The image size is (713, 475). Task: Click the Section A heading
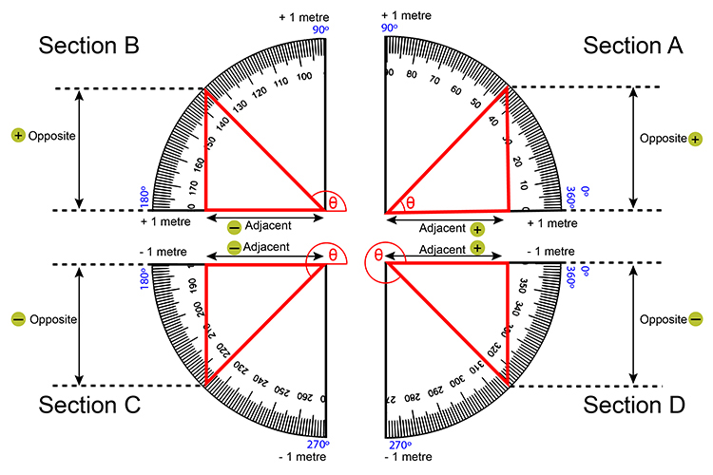[x=629, y=46]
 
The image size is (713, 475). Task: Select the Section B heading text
[x=89, y=46]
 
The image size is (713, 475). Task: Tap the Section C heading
[x=89, y=405]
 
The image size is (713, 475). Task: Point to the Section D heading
[x=629, y=405]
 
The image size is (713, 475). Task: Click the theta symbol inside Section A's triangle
[x=411, y=202]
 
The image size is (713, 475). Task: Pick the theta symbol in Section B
[x=333, y=202]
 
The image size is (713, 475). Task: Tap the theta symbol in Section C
[x=333, y=255]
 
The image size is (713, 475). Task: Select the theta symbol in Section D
[x=378, y=255]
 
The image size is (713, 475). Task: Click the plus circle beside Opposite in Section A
[x=695, y=139]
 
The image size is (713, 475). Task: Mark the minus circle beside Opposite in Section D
[x=695, y=319]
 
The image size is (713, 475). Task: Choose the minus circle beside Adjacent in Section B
[x=234, y=227]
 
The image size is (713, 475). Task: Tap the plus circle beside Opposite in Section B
[x=17, y=136]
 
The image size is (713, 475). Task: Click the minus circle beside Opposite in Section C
[x=17, y=319]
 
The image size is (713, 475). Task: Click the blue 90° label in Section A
[x=389, y=28]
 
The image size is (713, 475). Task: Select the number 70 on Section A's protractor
[x=433, y=82]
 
